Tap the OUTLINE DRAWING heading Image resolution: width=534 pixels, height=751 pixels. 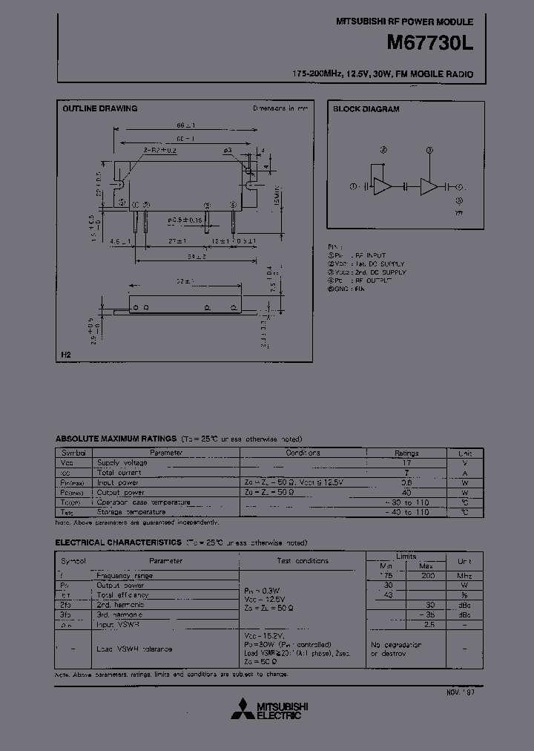(99, 108)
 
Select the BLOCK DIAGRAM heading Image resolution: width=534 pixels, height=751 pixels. (366, 109)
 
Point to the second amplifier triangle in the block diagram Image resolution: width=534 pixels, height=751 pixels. (429, 187)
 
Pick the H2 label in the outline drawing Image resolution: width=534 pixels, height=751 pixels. (66, 357)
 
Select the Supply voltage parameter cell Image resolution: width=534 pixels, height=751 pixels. (122, 462)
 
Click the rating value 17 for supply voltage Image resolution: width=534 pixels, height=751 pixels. (406, 462)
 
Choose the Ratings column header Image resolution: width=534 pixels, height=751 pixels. (406, 453)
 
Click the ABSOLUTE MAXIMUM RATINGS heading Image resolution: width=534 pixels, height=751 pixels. (116, 439)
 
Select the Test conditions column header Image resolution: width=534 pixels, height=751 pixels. (303, 561)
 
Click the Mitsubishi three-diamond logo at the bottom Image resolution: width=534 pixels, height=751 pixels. (242, 709)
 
